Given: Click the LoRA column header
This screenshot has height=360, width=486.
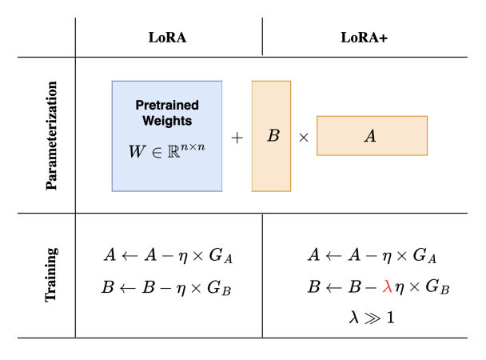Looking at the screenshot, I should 168,38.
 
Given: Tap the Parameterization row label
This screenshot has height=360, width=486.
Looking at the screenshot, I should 53,134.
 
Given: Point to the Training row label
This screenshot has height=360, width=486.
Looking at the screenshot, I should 53,275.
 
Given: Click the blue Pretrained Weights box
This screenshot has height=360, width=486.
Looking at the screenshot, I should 166,136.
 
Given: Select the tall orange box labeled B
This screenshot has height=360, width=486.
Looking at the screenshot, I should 271,136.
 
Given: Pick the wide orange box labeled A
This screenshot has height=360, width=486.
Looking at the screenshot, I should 372,136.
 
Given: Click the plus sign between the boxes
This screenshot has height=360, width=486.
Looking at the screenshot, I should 237,137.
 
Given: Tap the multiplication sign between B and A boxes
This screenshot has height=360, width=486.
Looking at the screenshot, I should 304,137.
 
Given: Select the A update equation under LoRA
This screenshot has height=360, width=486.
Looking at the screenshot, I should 169,256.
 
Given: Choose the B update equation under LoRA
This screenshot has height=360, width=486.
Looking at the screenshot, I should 169,286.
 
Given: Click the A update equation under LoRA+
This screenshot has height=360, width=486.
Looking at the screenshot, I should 372,256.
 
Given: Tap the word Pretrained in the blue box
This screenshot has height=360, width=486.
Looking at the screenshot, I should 166,105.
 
